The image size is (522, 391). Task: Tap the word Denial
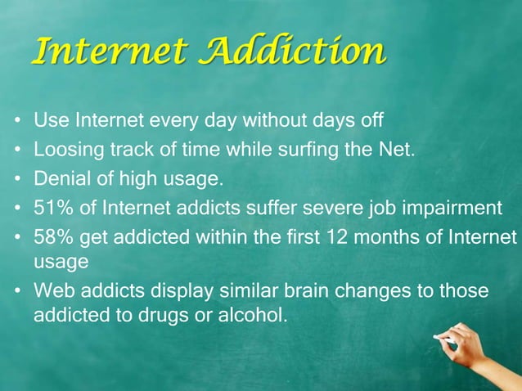(x=59, y=178)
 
